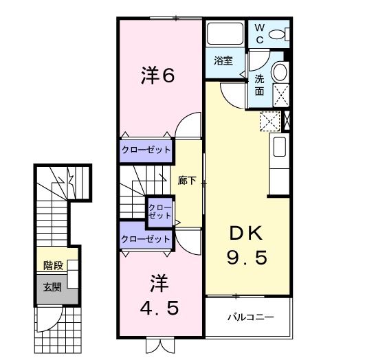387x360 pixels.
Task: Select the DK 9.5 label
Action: pyautogui.click(x=246, y=245)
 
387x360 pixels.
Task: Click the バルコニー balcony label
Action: pyautogui.click(x=251, y=317)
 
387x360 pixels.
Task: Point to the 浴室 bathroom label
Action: pyautogui.click(x=222, y=60)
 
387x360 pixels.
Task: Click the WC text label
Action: pyautogui.click(x=261, y=32)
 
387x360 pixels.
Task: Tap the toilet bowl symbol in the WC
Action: pyautogui.click(x=278, y=34)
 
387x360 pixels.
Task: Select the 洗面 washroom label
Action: pyautogui.click(x=259, y=84)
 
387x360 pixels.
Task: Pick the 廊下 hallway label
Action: pyautogui.click(x=187, y=181)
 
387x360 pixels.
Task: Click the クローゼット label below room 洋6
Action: pyautogui.click(x=146, y=149)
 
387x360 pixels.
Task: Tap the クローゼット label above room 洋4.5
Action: pyautogui.click(x=146, y=239)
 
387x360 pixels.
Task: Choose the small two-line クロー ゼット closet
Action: pyautogui.click(x=159, y=211)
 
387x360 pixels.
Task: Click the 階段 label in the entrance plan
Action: pyautogui.click(x=52, y=265)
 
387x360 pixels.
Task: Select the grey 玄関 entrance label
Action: pyautogui.click(x=52, y=287)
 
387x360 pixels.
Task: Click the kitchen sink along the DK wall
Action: pyautogui.click(x=279, y=148)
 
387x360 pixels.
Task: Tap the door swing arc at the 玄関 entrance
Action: pyautogui.click(x=47, y=317)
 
